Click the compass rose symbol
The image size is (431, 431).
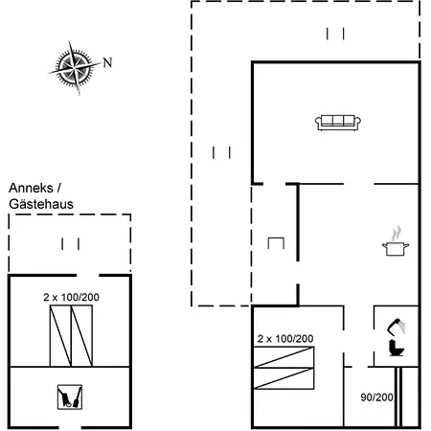75,68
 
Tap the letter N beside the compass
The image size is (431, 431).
107,62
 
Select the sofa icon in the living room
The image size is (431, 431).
338,123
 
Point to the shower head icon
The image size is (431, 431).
397,327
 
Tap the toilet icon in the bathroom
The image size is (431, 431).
397,348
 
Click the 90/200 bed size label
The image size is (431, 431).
376,397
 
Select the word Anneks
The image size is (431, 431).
31,188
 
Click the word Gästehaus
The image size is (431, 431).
41,204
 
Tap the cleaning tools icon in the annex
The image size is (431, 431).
70,397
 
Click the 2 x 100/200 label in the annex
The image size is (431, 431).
71,297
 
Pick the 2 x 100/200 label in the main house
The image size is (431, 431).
285,339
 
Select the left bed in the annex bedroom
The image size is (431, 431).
60,336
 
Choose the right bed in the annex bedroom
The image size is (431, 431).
82,336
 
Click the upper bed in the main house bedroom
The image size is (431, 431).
284,357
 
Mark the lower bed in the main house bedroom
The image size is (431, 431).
284,378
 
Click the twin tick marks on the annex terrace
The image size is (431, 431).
71,244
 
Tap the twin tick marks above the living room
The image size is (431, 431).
335,34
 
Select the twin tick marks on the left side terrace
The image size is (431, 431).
221,152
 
